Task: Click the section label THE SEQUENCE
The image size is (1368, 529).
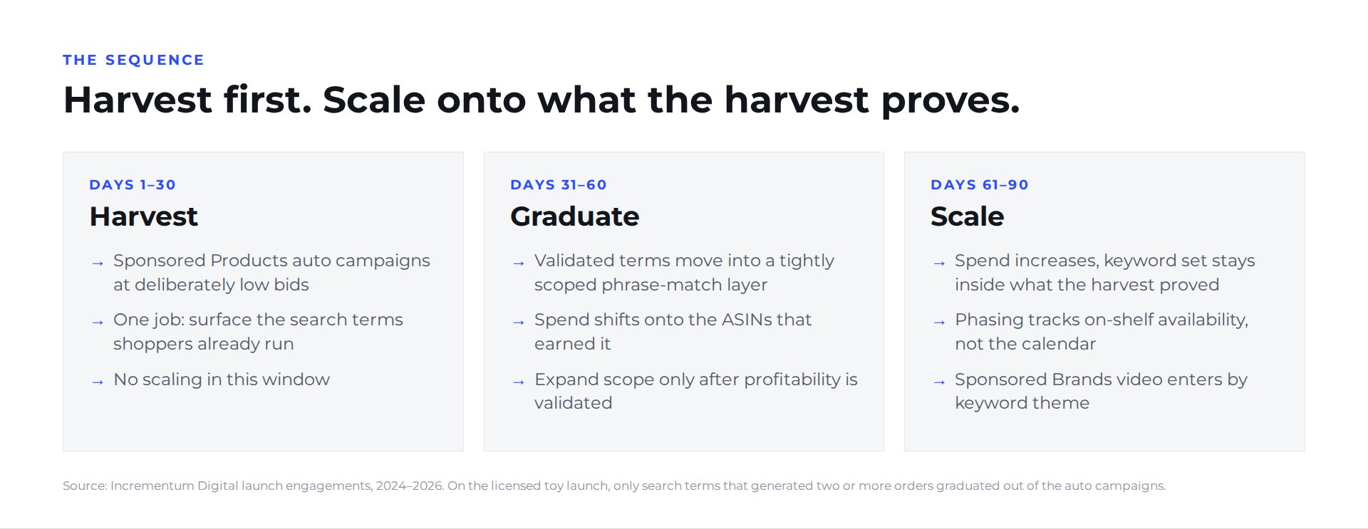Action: coord(133,60)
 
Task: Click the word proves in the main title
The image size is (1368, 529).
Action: coord(950,101)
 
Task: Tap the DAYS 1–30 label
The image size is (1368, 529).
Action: coord(133,184)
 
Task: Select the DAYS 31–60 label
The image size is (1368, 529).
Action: coord(559,184)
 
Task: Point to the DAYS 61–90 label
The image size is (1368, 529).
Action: coord(980,184)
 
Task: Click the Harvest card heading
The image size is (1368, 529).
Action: coord(144,216)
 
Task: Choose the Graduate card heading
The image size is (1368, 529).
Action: coord(575,216)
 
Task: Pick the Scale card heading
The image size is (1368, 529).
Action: coord(968,216)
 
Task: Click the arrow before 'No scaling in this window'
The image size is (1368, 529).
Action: coord(98,382)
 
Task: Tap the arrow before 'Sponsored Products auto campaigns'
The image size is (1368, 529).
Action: coord(98,263)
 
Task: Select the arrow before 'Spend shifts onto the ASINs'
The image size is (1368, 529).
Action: coord(519,323)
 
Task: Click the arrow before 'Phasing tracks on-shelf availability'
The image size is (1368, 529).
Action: coord(939,323)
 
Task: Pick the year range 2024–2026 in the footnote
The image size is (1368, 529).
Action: coord(410,486)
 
